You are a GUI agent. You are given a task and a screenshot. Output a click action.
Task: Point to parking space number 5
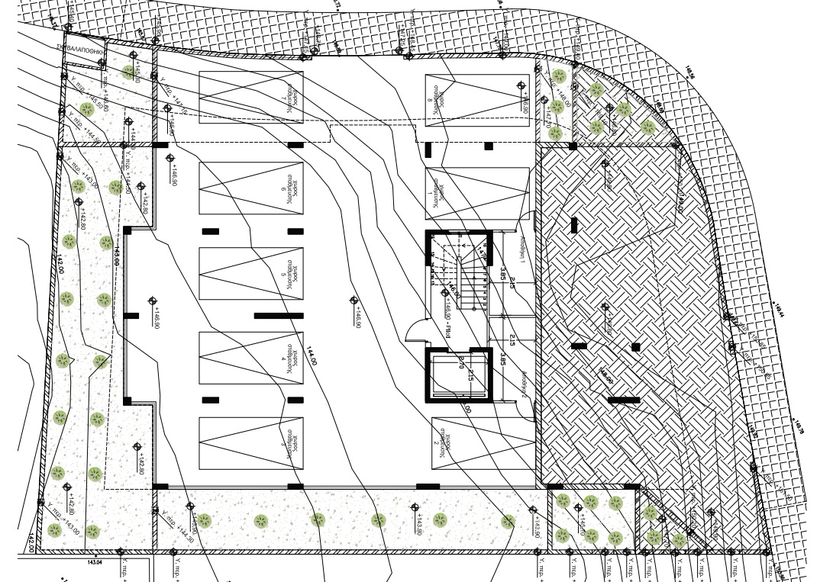250,274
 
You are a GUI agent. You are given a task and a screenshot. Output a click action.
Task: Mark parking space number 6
250,188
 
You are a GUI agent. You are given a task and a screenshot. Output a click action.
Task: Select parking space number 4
250,359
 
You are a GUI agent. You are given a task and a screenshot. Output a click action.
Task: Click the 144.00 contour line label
312,356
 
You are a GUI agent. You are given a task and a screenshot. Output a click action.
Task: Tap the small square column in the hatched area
635,347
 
